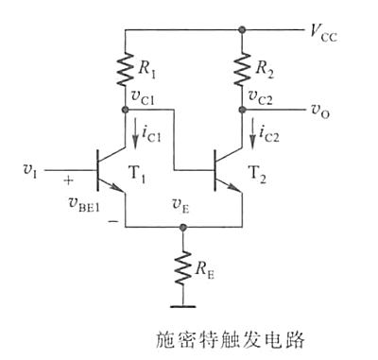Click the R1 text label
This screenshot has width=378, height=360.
(146, 69)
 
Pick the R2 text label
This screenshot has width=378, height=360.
(266, 69)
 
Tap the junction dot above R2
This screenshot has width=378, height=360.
(243, 29)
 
